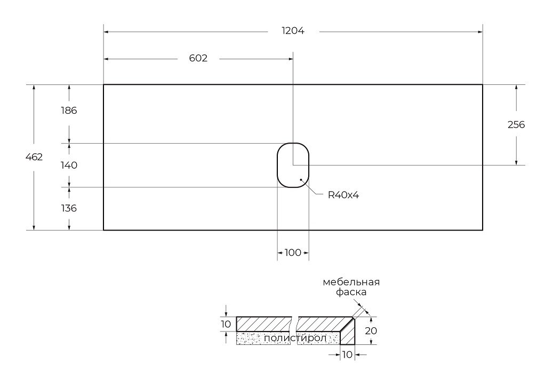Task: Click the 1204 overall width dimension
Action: [293, 31]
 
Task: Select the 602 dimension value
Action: [198, 58]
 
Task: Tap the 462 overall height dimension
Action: [34, 157]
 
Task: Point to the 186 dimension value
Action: [69, 111]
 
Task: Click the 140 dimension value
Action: [69, 165]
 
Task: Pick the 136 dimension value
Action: [69, 208]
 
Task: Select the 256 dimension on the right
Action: [516, 124]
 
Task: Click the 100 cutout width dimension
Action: [293, 253]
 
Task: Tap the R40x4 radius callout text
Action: [343, 195]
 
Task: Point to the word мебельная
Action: [351, 282]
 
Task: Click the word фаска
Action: [351, 293]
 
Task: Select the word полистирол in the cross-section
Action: [295, 338]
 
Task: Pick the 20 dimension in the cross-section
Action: [371, 331]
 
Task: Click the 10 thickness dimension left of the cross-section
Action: [226, 324]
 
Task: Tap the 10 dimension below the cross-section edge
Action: [347, 355]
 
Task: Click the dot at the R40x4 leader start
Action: [301, 180]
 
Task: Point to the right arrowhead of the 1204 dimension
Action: [480, 32]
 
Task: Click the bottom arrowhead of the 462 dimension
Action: [34, 228]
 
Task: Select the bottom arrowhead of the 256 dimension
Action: [516, 162]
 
